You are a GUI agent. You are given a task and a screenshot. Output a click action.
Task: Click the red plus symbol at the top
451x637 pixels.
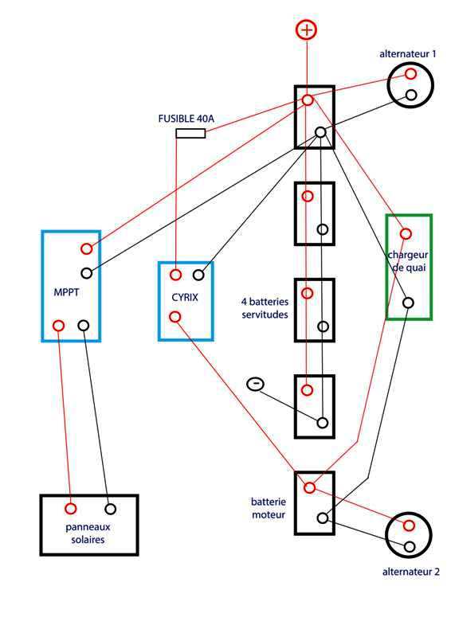[306, 30]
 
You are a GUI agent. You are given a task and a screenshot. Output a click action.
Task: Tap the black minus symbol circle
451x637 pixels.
[256, 384]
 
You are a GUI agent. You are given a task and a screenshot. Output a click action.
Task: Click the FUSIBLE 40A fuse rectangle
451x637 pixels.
[190, 133]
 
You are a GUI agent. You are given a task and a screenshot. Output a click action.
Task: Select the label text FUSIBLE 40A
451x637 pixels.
[186, 119]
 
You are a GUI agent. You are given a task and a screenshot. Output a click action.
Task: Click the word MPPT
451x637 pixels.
[66, 292]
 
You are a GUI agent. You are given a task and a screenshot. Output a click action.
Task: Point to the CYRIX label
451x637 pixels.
[185, 297]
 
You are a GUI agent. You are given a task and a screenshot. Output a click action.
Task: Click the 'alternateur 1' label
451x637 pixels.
[407, 53]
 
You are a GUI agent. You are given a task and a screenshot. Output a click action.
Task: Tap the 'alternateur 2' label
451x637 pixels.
[410, 572]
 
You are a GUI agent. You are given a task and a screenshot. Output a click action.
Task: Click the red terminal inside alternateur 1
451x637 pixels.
[410, 74]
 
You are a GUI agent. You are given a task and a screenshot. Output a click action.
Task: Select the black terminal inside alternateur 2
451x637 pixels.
[410, 546]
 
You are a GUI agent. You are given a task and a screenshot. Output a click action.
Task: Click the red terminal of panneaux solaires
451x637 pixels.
[71, 509]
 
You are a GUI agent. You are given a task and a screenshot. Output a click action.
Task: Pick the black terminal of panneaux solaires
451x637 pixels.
[110, 509]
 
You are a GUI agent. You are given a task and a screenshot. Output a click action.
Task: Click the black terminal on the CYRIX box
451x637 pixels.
[198, 275]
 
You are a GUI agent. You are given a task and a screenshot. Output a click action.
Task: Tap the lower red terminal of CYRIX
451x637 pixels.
[175, 316]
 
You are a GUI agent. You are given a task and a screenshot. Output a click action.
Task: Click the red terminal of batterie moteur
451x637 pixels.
[309, 487]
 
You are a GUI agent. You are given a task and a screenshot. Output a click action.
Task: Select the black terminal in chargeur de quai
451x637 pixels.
[408, 303]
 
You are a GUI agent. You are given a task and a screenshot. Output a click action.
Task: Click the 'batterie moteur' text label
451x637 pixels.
[269, 508]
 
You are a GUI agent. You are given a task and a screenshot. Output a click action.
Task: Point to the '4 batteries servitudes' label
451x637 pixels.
[265, 308]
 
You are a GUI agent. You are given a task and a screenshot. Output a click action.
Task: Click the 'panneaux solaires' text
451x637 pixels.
[88, 533]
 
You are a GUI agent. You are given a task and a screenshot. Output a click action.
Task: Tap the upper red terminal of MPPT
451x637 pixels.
[86, 248]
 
